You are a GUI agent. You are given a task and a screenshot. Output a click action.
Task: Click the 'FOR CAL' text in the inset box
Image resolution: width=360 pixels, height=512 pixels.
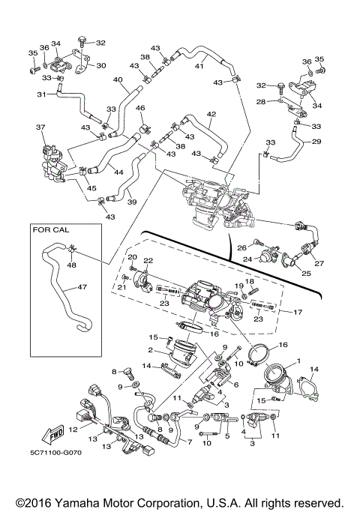click(x=52, y=231)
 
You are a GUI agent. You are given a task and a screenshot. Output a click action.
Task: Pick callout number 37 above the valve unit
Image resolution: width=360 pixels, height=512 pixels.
click(x=40, y=127)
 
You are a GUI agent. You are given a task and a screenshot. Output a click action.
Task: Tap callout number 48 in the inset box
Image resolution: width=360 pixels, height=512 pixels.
click(x=71, y=264)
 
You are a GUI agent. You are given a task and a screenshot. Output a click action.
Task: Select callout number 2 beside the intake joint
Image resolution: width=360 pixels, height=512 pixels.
click(x=150, y=349)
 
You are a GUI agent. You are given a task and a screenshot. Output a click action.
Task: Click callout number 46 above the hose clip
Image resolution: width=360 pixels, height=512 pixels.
click(x=139, y=109)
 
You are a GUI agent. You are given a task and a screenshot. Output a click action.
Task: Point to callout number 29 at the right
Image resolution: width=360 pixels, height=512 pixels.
click(x=316, y=142)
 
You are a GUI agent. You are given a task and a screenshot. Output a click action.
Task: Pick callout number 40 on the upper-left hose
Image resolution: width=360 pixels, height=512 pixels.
click(x=118, y=80)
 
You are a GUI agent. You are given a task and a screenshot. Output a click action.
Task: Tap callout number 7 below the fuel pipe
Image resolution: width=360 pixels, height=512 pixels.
click(x=188, y=442)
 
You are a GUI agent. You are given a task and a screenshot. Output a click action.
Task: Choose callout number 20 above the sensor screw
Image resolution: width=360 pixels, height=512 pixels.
click(x=131, y=257)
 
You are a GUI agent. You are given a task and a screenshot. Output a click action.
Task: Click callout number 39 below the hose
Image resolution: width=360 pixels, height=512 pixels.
click(x=131, y=202)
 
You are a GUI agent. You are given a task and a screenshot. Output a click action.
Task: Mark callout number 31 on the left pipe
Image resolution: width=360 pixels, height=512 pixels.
click(x=42, y=94)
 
